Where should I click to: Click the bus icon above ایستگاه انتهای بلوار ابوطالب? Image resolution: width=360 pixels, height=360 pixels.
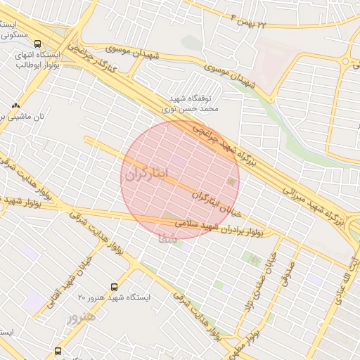(38, 44)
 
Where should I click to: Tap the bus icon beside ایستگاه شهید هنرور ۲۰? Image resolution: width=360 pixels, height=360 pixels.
(114, 287)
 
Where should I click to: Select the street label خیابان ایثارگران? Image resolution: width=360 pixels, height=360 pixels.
(210, 202)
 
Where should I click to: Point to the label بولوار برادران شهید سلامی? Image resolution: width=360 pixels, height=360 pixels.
(221, 228)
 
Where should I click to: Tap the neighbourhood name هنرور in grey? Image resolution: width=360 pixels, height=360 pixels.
(80, 319)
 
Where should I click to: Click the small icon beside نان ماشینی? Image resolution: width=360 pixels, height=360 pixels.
(15, 105)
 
